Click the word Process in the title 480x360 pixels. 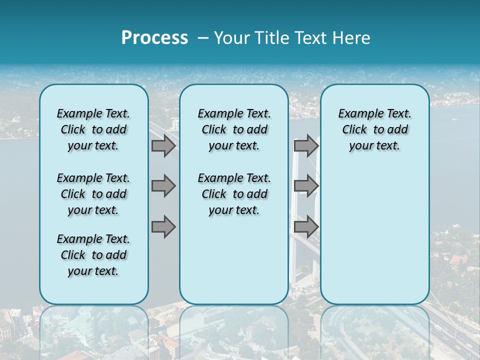154,37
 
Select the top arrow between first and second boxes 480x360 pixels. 163,145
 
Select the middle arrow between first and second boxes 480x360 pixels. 163,186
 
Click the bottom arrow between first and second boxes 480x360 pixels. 163,226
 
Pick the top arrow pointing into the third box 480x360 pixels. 306,145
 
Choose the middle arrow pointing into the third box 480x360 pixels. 306,186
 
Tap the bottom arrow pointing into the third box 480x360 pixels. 306,226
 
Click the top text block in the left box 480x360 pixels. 93,129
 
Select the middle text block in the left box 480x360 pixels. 93,194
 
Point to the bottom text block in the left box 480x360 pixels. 93,255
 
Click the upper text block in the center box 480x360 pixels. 234,129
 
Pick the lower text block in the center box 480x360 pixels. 234,194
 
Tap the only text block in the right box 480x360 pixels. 374,129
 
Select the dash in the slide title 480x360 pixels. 203,37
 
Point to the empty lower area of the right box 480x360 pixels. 374,235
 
